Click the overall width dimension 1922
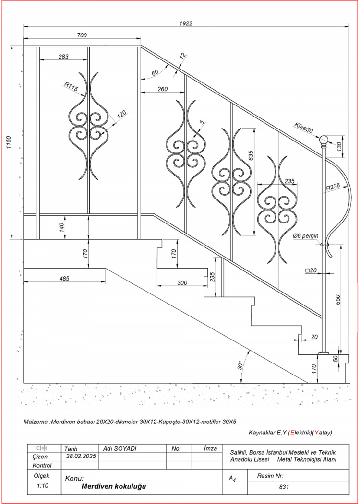(x=186, y=23)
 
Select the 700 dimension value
(x=82, y=35)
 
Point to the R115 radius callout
(x=72, y=87)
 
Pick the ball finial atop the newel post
(x=324, y=140)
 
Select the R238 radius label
(x=333, y=188)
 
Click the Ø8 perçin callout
(x=306, y=236)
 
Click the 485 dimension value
(x=64, y=278)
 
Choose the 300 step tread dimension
(x=182, y=282)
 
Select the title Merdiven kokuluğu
(x=114, y=486)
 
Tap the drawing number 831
(x=284, y=487)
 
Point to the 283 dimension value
(x=63, y=56)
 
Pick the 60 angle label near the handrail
(x=155, y=73)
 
